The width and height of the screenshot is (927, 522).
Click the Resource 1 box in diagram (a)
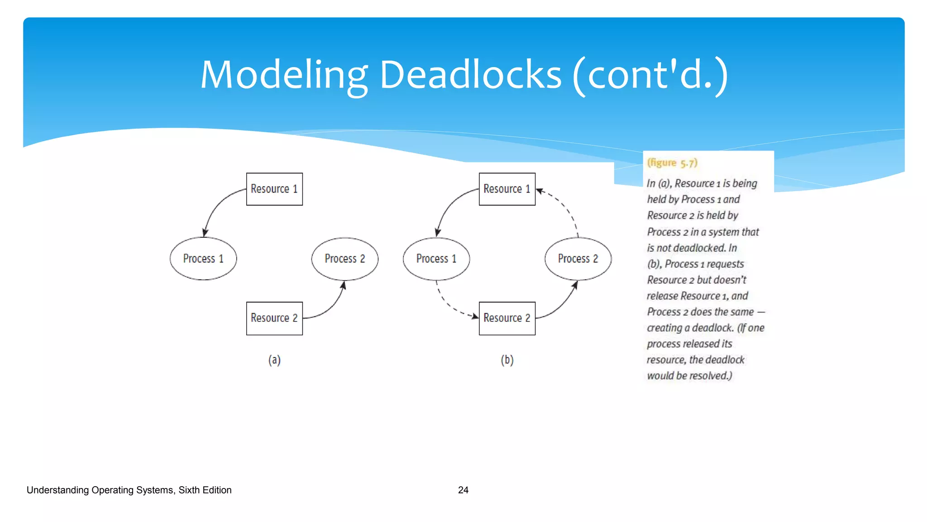[274, 189]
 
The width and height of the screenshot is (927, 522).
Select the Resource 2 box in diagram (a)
[274, 318]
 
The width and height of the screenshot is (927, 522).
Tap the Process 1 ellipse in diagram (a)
[203, 259]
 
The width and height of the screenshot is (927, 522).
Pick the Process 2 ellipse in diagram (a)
[344, 259]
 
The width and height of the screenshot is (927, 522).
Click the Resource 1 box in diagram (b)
[507, 189]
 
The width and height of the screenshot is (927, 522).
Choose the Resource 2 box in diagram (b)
[507, 318]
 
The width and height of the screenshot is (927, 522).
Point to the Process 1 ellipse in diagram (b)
[436, 259]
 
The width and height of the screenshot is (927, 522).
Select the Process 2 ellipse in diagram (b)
[578, 259]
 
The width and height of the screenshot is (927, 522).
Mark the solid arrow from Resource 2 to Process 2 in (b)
[561, 305]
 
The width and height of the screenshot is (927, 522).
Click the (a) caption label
[274, 360]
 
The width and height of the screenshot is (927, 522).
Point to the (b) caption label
[507, 360]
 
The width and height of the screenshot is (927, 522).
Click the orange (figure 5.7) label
[672, 163]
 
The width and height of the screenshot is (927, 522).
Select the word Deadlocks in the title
[470, 75]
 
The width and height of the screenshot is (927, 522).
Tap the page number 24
[463, 490]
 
